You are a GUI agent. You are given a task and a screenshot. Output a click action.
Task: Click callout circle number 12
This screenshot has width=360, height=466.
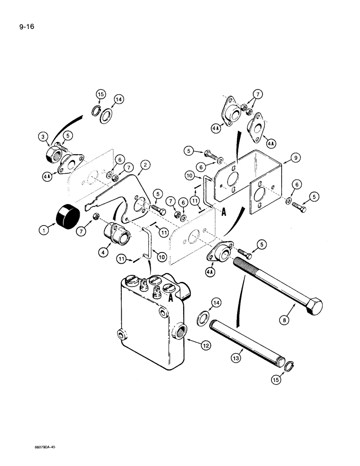tap(193, 345)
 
